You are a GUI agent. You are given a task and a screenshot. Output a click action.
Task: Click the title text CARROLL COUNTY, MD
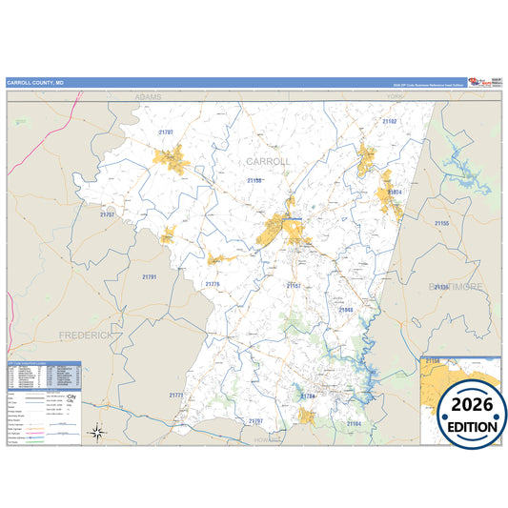(x=35, y=83)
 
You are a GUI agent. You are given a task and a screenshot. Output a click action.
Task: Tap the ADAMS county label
(x=149, y=97)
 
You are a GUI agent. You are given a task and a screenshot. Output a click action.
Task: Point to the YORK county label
(x=395, y=97)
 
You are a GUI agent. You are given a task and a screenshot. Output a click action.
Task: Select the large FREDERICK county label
(x=86, y=335)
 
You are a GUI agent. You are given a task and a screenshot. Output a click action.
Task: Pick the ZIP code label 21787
(x=166, y=132)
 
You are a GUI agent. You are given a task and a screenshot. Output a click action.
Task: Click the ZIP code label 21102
(x=389, y=122)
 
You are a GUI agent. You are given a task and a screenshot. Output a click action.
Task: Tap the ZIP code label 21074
(x=395, y=192)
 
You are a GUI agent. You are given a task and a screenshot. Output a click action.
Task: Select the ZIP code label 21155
(x=441, y=223)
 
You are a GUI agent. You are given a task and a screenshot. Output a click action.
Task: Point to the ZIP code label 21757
(x=107, y=214)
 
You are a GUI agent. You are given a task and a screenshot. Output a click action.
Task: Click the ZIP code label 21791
(x=149, y=276)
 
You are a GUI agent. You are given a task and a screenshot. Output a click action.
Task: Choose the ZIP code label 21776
(x=212, y=283)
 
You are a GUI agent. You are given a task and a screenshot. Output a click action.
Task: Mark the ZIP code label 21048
(x=345, y=309)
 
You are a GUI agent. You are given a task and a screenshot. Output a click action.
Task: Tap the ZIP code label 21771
(x=175, y=395)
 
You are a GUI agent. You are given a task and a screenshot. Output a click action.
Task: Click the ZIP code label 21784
(x=307, y=396)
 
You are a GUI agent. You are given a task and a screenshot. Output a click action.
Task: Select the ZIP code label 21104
(x=355, y=423)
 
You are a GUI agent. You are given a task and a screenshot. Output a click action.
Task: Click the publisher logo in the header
(x=482, y=83)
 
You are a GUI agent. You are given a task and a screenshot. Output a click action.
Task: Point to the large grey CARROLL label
(x=268, y=161)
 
